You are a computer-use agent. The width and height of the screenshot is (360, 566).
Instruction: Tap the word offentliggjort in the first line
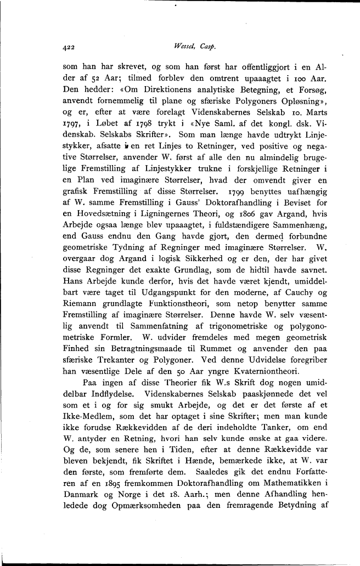click(251, 69)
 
